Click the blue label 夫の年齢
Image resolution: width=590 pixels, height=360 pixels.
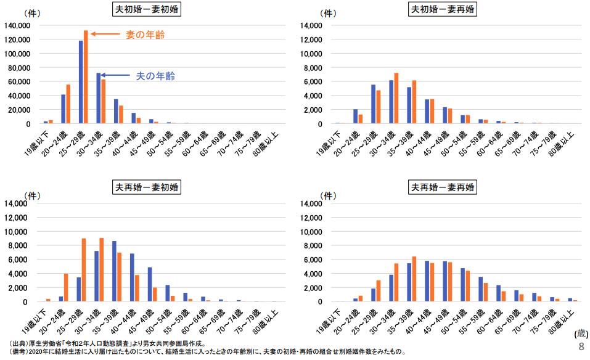(x=155, y=76)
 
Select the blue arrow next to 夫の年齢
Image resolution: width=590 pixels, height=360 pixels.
(x=116, y=75)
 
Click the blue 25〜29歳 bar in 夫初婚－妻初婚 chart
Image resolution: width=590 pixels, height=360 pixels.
(x=81, y=82)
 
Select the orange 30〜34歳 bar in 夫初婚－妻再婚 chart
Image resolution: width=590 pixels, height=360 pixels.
(x=396, y=98)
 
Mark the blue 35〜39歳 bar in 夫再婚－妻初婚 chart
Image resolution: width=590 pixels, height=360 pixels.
(x=114, y=271)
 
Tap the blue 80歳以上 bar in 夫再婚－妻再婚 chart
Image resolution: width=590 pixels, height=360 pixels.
(x=570, y=300)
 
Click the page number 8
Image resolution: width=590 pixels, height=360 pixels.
(x=580, y=347)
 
